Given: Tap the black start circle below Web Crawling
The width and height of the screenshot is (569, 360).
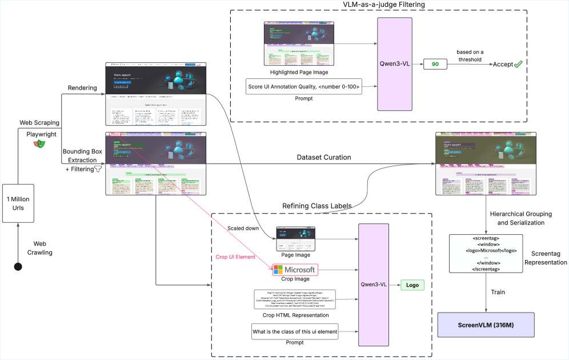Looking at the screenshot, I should [x=18, y=266].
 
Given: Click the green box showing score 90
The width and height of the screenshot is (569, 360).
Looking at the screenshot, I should [x=435, y=65].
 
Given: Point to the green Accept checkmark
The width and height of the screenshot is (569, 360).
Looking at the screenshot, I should [x=518, y=65].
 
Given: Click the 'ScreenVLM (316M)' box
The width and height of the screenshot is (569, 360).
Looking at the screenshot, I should [x=486, y=325].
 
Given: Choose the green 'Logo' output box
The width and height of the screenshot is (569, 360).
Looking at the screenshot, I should [x=412, y=285].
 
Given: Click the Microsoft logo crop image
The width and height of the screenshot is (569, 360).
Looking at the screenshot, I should [x=294, y=269].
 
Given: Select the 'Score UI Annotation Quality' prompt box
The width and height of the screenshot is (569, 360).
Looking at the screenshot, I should [x=304, y=87].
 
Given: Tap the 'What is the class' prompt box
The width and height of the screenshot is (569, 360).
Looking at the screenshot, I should [x=294, y=332].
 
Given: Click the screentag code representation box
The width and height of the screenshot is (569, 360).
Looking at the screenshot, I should [x=486, y=253].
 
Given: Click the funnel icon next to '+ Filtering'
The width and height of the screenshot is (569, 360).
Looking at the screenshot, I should [x=98, y=169].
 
